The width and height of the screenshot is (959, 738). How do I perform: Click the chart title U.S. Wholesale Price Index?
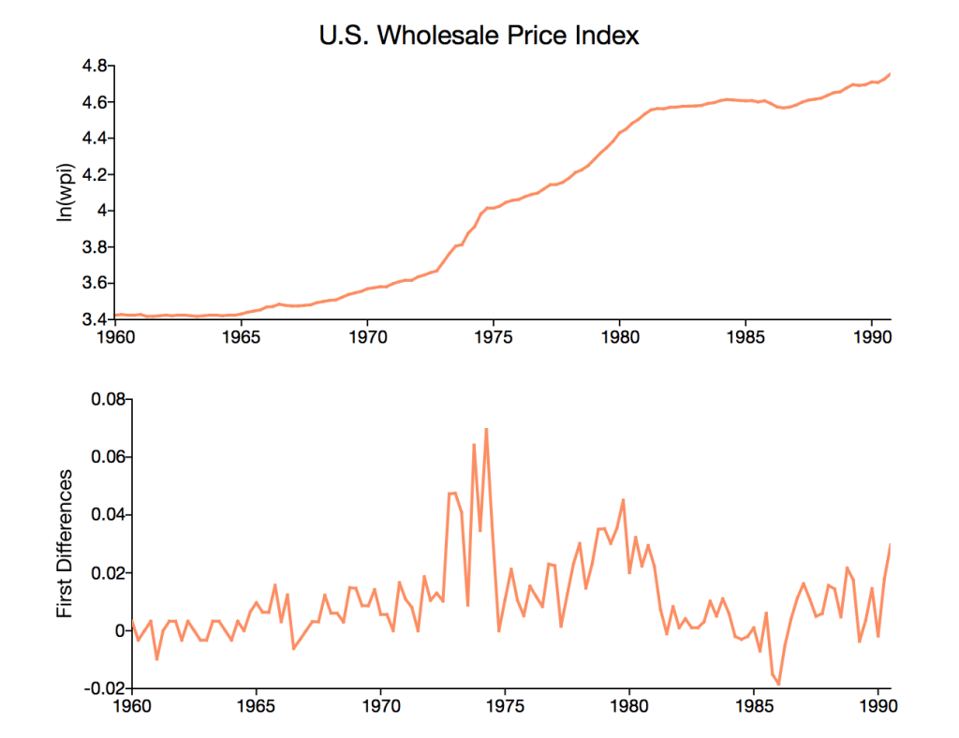tap(479, 36)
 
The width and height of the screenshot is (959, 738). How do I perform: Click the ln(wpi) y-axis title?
tap(66, 192)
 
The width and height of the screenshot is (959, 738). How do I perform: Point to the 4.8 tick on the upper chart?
tap(95, 66)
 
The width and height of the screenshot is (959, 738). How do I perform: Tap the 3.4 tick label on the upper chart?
tap(95, 319)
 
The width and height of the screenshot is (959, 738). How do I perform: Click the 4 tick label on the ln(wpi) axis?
tap(102, 211)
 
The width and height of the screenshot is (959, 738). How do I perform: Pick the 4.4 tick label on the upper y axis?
tap(95, 139)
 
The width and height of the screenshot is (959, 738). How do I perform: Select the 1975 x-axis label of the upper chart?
tap(493, 334)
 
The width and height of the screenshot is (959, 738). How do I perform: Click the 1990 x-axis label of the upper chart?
tap(872, 334)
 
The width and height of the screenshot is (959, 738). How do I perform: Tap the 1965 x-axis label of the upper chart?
tap(240, 334)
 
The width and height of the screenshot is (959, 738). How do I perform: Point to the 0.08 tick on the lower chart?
tap(108, 400)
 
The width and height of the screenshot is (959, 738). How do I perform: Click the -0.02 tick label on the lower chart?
tap(105, 688)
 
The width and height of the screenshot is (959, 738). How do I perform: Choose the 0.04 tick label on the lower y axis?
tap(108, 515)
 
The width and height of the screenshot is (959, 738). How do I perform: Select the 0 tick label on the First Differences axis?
tap(119, 630)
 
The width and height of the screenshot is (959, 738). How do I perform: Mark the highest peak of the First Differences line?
tap(486, 429)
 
